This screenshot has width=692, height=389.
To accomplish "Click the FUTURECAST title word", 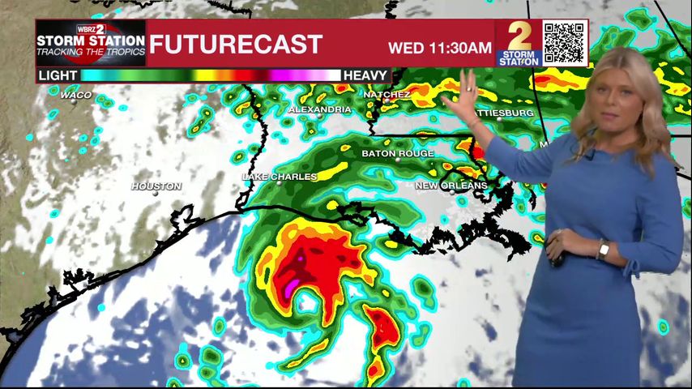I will click(236, 44).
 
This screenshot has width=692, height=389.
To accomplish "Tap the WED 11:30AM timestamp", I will click(439, 47).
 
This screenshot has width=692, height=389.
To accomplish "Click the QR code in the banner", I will click(564, 42).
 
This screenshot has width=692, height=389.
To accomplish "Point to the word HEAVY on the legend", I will click(365, 75).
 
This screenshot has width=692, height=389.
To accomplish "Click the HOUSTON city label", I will click(156, 186).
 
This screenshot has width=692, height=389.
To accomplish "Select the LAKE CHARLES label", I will click(279, 176).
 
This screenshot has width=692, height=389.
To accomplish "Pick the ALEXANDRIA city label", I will click(319, 109).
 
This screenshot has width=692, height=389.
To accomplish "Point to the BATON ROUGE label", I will click(397, 153).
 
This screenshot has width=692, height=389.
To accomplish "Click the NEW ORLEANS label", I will click(451, 186).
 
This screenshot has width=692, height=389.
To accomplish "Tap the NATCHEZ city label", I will click(387, 94).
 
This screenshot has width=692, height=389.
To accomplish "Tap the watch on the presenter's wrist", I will click(603, 250).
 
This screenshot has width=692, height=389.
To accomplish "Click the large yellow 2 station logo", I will click(519, 37).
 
